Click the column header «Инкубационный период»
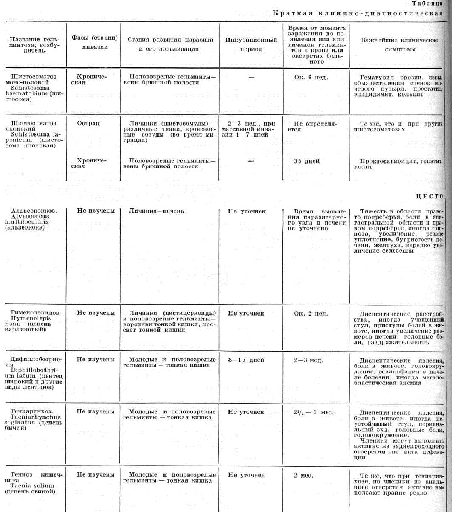coord(251,44)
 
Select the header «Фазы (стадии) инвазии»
coord(94,42)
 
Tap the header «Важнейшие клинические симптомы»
coord(399,45)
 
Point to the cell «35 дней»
coord(306,161)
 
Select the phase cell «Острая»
coord(88,123)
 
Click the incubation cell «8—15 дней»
coord(246,360)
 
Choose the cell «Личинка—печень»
coord(157,211)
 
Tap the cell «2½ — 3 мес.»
coord(313,412)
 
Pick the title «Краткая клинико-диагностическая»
coord(357,13)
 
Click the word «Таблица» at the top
coord(427,4)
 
